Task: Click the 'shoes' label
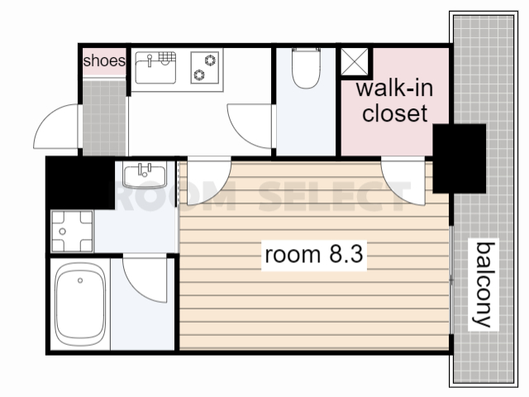pyautogui.click(x=104, y=60)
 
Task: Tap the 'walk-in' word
pyautogui.click(x=394, y=88)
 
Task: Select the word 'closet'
pyautogui.click(x=395, y=113)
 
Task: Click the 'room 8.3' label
pyautogui.click(x=314, y=254)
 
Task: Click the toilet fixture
pyautogui.click(x=306, y=68)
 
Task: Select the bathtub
pyautogui.click(x=80, y=304)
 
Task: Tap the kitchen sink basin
pyautogui.click(x=155, y=67)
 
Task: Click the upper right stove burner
pyautogui.click(x=211, y=60)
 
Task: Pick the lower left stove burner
pyautogui.click(x=198, y=75)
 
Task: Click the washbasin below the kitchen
pyautogui.click(x=145, y=175)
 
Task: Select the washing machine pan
pyautogui.click(x=72, y=232)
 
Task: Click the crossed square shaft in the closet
pyautogui.click(x=355, y=62)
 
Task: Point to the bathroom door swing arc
pyautogui.click(x=135, y=287)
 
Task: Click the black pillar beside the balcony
pyautogui.click(x=460, y=159)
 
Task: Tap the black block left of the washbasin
pyautogui.click(x=80, y=183)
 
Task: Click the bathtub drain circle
pyautogui.click(x=80, y=280)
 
